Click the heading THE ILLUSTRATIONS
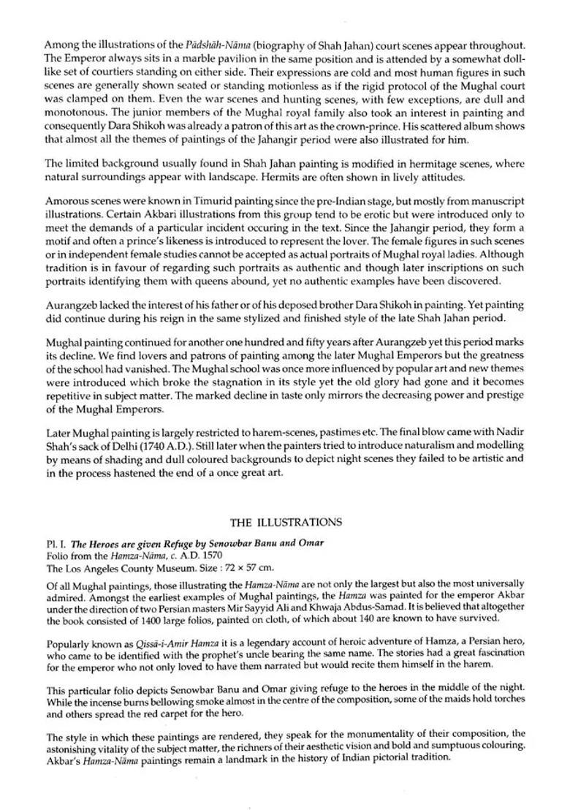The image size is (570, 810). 286,522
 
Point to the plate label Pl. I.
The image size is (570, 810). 55,543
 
